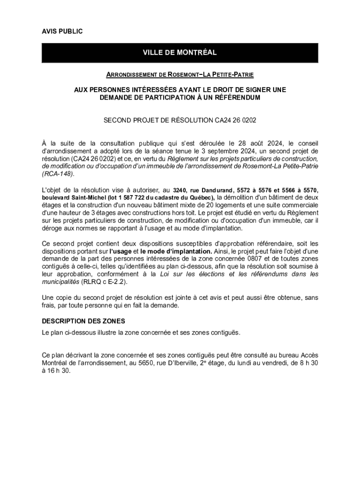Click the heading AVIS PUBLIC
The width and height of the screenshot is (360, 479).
pos(62,31)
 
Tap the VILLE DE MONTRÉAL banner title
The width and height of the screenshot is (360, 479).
pos(180,53)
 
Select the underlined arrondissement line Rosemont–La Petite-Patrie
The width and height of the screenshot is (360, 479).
pos(180,74)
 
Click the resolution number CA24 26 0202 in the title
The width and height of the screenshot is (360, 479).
pos(235,120)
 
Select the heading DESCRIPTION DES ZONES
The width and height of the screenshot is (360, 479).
pos(83,322)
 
